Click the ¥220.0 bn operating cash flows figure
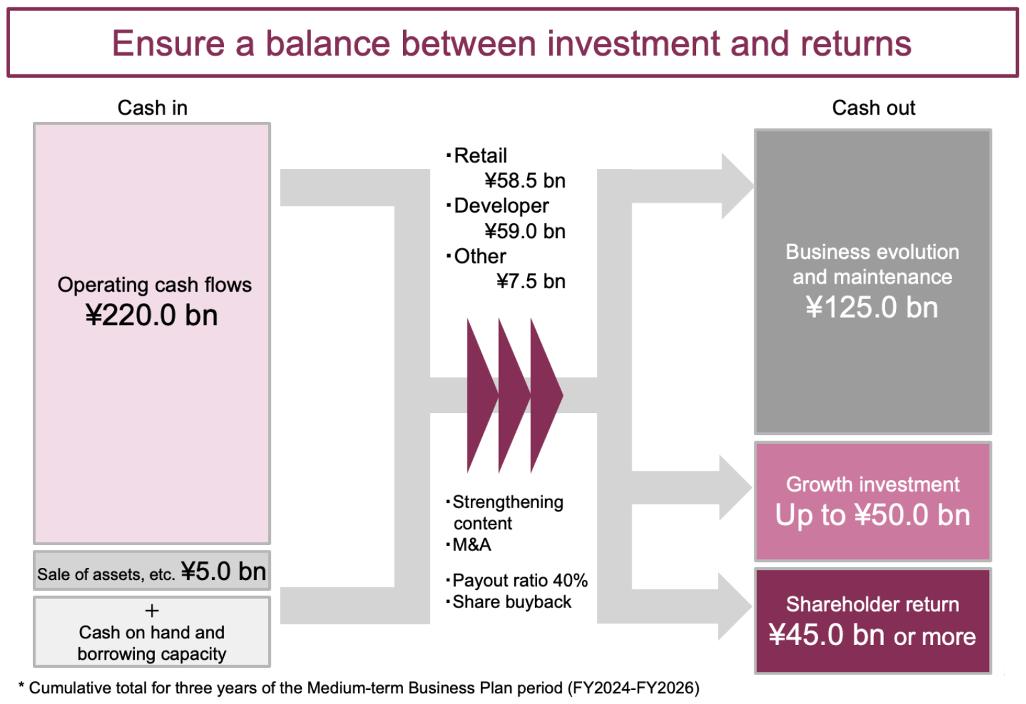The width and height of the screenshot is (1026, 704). tap(152, 315)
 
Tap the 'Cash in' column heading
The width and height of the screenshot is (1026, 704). tap(152, 108)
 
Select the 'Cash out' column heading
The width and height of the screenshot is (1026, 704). tap(874, 108)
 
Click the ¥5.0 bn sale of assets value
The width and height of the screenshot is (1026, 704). tap(223, 571)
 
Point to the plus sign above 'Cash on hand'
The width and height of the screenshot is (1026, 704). tap(152, 611)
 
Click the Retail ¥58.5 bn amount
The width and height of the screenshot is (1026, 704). tap(525, 180)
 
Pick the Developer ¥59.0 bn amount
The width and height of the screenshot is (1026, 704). tap(525, 231)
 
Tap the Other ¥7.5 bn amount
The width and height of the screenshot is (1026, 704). tap(531, 281)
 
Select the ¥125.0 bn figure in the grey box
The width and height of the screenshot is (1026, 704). tap(872, 307)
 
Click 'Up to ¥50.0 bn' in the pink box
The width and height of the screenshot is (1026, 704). tap(872, 515)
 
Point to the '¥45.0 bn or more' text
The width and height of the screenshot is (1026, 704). tap(872, 635)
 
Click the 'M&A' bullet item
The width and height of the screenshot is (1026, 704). tap(469, 544)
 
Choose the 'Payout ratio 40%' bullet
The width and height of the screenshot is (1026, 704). tap(517, 581)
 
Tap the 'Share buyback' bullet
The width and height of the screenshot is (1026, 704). tap(509, 602)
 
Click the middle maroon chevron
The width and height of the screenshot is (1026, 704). tap(514, 396)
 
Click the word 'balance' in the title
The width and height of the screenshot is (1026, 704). tap(328, 44)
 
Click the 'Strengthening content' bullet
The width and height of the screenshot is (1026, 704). tap(505, 512)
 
